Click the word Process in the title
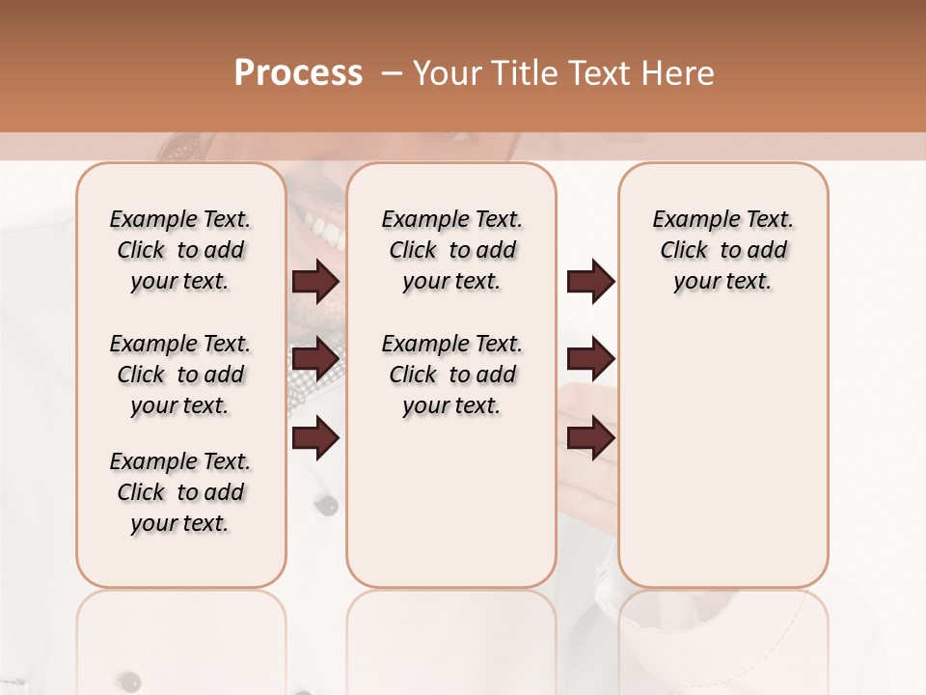pos(298,73)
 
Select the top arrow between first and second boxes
pos(315,282)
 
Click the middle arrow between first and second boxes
pos(315,359)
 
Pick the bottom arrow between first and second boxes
pos(315,439)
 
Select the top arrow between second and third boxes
pos(590,282)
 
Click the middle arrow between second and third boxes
pos(590,359)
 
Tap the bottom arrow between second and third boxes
pos(590,437)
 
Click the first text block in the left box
pos(180,250)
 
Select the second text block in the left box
pos(180,375)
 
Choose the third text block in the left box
pos(180,492)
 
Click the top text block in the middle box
pos(451,250)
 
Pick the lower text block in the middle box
pos(451,375)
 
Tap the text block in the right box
pos(723,250)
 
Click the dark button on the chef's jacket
pos(330,505)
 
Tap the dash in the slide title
pos(392,73)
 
